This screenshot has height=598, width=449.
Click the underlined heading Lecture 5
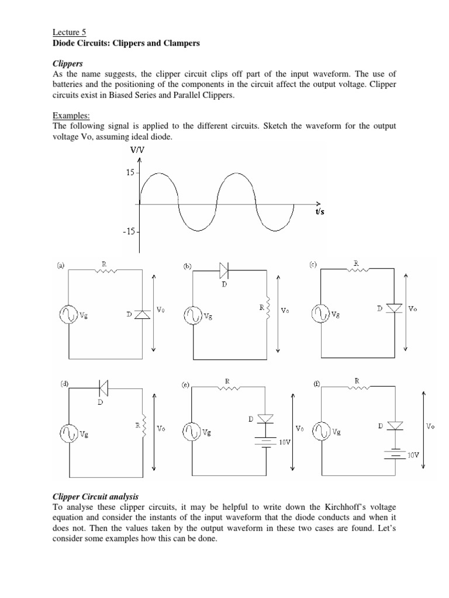(64, 33)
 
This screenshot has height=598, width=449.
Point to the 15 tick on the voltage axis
(130, 173)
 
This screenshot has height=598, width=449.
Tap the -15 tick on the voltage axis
(128, 231)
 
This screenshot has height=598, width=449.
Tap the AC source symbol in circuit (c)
(322, 314)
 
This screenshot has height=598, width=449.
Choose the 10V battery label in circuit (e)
(285, 444)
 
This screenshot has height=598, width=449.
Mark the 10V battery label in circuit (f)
(413, 454)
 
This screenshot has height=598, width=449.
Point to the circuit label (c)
(313, 265)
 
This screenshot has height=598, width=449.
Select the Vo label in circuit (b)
(285, 311)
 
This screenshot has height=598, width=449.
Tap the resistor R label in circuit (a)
(103, 264)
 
